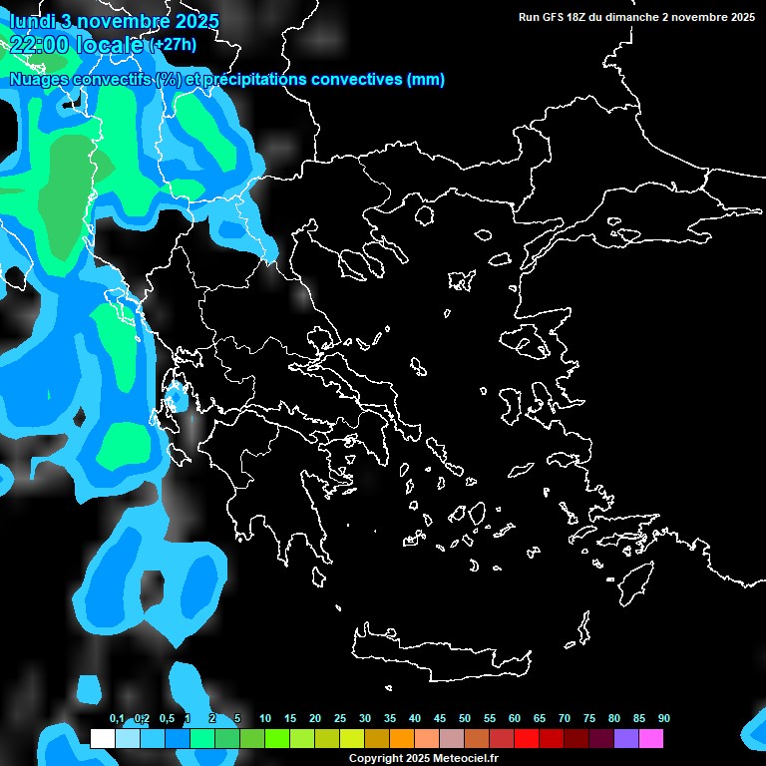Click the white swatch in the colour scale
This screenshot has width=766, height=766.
pyautogui.click(x=102, y=739)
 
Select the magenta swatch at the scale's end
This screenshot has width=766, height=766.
pyautogui.click(x=651, y=739)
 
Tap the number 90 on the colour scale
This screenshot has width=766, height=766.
pyautogui.click(x=664, y=718)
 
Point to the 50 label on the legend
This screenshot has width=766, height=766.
pyautogui.click(x=465, y=718)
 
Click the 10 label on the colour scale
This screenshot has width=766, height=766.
pyautogui.click(x=265, y=718)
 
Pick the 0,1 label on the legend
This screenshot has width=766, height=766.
pyautogui.click(x=117, y=718)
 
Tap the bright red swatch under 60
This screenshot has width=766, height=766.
pyautogui.click(x=527, y=739)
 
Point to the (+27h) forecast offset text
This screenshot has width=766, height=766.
pyautogui.click(x=173, y=44)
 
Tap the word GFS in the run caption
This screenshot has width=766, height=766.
pyautogui.click(x=555, y=17)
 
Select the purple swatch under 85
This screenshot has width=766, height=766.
pyautogui.click(x=626, y=739)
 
